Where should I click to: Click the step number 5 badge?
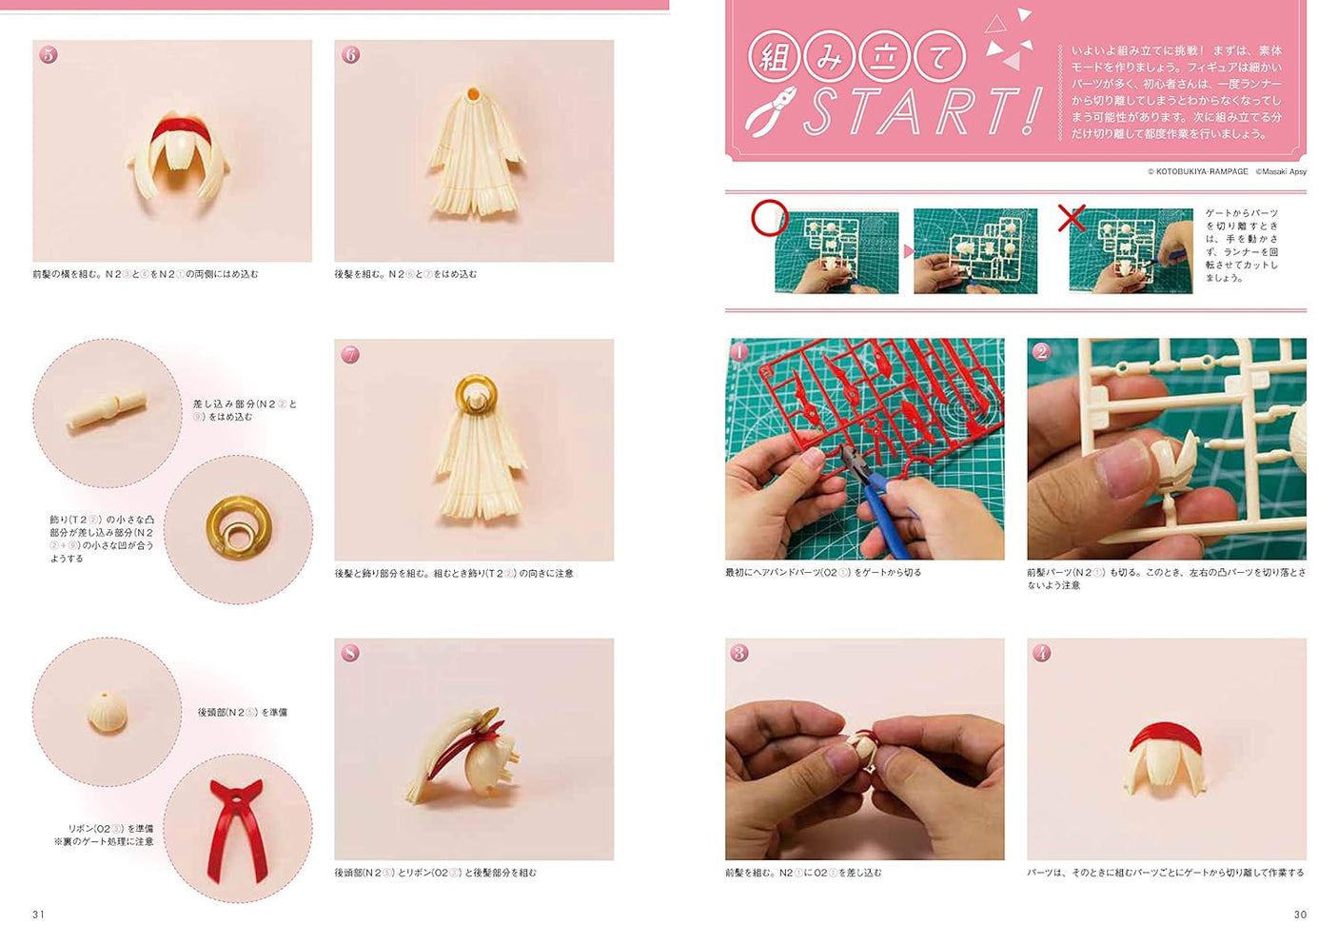[49, 55]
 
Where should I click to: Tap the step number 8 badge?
[350, 653]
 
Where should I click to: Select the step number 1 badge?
[740, 352]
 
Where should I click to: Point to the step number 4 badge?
[1042, 653]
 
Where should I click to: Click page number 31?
[39, 914]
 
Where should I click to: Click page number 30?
[1300, 914]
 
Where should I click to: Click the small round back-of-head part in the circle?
[107, 712]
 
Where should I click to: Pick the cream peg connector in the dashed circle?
[107, 412]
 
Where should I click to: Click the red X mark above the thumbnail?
[1072, 218]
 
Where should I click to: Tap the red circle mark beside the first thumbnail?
[769, 218]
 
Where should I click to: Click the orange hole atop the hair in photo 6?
[473, 93]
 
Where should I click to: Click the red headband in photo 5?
[172, 127]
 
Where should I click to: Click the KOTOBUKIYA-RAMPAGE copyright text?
[1197, 172]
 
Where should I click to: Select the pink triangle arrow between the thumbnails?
[908, 251]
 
